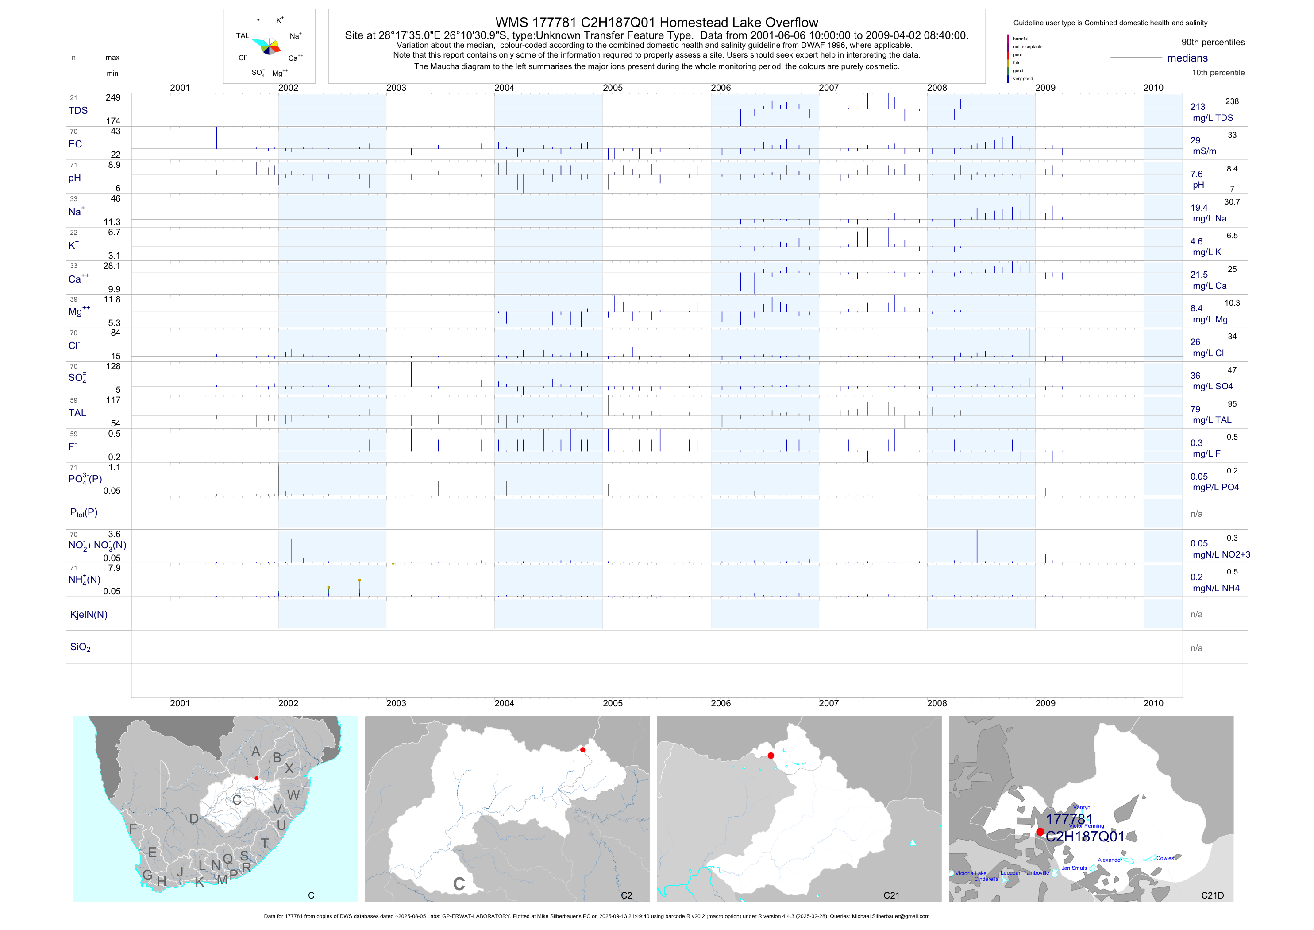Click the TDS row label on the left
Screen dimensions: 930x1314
coord(78,111)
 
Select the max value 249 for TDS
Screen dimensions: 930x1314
coord(113,97)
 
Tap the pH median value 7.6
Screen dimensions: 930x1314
coord(1196,174)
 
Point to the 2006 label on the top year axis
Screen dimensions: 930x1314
coord(721,88)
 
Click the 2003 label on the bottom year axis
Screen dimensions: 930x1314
coord(396,703)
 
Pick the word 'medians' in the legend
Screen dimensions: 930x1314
coord(1187,58)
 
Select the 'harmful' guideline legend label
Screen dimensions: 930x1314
coord(1021,39)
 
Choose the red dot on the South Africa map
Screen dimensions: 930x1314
coord(256,778)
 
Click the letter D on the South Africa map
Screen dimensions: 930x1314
coord(194,819)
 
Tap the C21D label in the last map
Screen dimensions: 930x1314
coord(1212,895)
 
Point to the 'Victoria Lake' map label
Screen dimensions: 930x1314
coord(971,873)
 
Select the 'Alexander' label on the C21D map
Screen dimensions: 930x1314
coord(1110,860)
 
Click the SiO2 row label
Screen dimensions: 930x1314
coord(80,647)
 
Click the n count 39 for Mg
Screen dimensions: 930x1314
coord(73,299)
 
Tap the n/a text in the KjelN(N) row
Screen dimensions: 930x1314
coord(1196,615)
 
